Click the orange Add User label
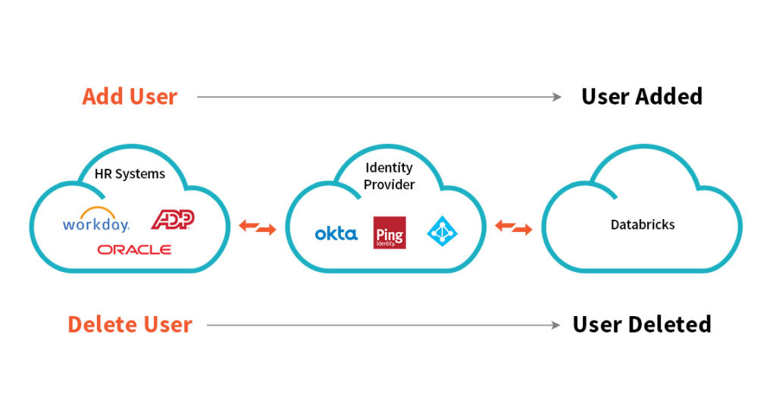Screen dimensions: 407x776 tap(130, 97)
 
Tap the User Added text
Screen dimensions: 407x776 tap(641, 97)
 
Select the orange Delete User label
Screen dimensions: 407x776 tap(130, 325)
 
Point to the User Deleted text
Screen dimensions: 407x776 tap(641, 325)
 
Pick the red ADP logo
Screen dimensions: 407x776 tap(173, 219)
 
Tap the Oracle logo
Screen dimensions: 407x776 tap(134, 249)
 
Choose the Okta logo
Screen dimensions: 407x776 tap(336, 234)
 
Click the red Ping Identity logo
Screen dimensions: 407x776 tap(390, 233)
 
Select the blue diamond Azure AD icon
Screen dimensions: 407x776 tap(443, 231)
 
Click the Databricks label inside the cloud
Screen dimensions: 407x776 tap(643, 225)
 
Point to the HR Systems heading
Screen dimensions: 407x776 tap(130, 174)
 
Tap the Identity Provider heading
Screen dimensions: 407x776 tap(389, 176)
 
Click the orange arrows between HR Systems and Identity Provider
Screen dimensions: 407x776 tap(258, 226)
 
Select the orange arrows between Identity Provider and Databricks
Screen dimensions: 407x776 tap(514, 226)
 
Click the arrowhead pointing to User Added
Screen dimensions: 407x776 tap(557, 97)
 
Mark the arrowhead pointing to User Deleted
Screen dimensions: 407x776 tap(557, 325)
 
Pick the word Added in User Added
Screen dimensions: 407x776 tap(669, 97)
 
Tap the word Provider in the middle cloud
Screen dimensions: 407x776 tap(390, 184)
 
